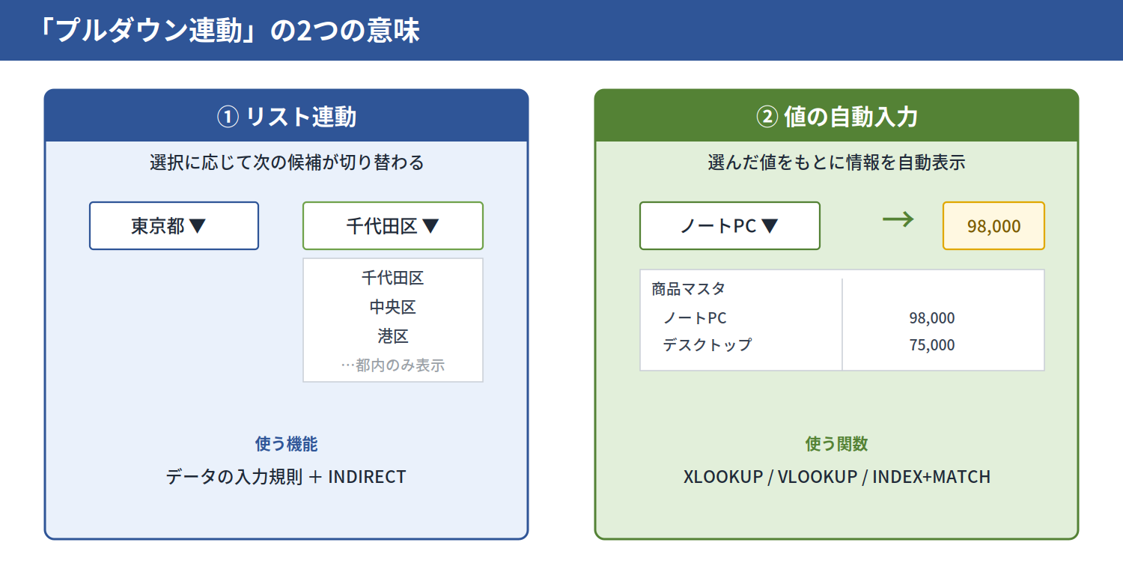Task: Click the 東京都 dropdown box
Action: pos(174,225)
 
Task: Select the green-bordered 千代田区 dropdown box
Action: pos(392,225)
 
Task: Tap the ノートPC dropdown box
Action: pos(729,225)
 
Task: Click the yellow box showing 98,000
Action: pos(993,225)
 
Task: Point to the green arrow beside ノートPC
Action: pos(898,219)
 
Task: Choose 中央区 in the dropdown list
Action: pos(392,307)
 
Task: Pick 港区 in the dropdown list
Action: pos(392,336)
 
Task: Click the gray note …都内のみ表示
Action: pos(392,365)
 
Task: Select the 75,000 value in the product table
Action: pos(932,345)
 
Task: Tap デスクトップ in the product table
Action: pos(707,345)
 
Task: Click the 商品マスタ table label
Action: pos(688,289)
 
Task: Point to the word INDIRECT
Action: pos(367,477)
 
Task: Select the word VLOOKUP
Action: pos(818,477)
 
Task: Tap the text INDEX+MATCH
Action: pos(931,477)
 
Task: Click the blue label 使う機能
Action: pos(286,444)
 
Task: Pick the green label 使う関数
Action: pos(836,444)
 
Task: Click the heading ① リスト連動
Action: pos(286,117)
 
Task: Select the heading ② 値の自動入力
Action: pos(837,117)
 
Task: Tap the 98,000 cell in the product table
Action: pos(932,317)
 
